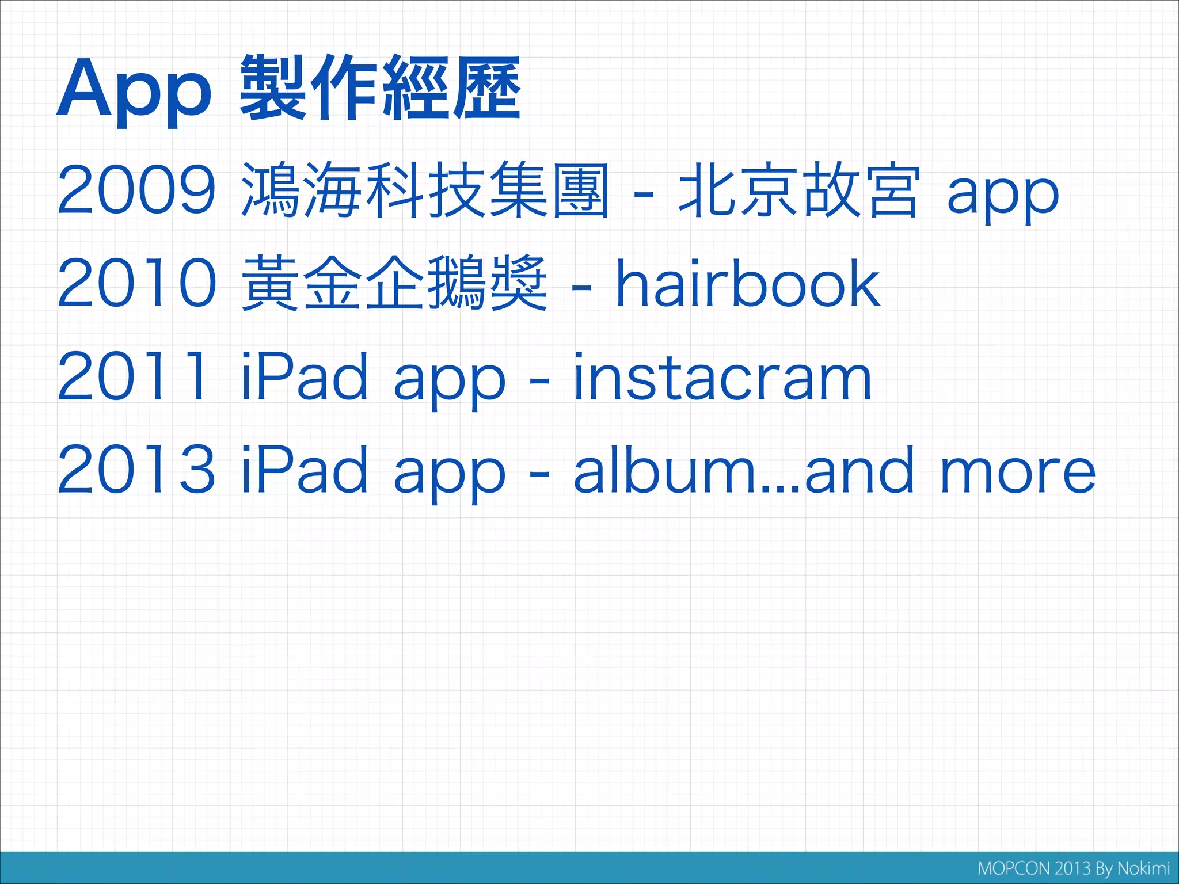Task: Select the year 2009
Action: click(x=136, y=189)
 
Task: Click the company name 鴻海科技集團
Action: click(x=425, y=189)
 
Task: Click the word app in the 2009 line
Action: click(x=1002, y=196)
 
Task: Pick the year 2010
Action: click(x=136, y=283)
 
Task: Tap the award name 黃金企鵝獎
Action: click(x=394, y=283)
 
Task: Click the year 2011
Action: click(x=132, y=376)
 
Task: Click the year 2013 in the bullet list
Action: click(x=136, y=470)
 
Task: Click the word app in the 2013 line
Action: click(x=450, y=475)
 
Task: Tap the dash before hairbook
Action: click(x=581, y=286)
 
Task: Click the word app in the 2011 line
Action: click(x=450, y=382)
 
